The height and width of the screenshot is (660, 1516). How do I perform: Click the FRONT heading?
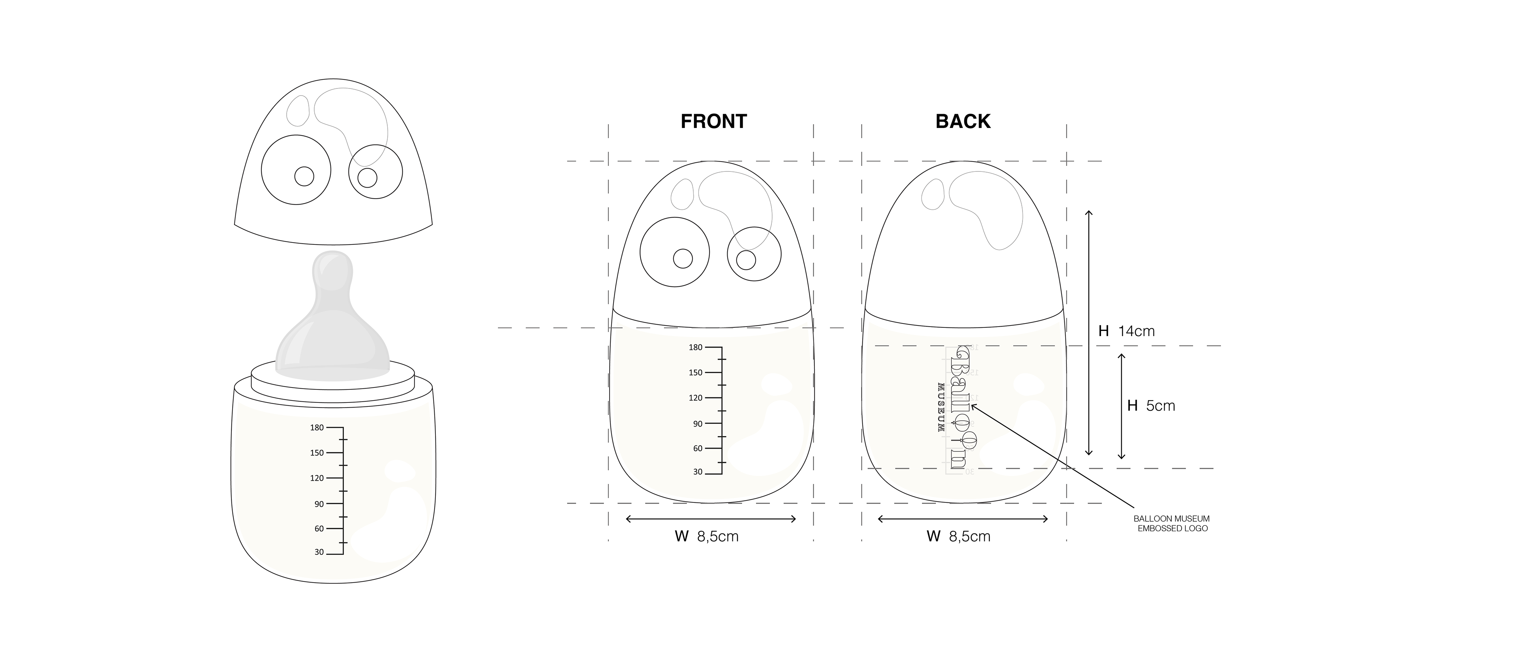click(713, 121)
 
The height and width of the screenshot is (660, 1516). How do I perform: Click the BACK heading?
click(963, 121)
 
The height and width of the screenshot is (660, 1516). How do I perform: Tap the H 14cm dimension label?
click(1126, 331)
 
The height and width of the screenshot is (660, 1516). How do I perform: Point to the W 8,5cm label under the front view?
click(706, 536)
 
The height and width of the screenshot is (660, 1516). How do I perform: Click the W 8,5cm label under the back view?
click(958, 536)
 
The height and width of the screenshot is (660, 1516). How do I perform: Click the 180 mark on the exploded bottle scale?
click(317, 427)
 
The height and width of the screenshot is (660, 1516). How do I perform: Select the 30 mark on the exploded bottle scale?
click(319, 552)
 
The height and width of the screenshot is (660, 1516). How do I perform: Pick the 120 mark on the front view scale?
click(696, 398)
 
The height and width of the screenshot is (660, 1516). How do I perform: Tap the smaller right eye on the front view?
click(754, 255)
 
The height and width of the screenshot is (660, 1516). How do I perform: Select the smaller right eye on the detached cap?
click(375, 173)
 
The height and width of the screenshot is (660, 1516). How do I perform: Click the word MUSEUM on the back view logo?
click(940, 408)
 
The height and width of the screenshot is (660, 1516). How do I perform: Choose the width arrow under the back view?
click(963, 519)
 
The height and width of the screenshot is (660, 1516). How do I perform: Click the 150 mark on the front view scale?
click(696, 373)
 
